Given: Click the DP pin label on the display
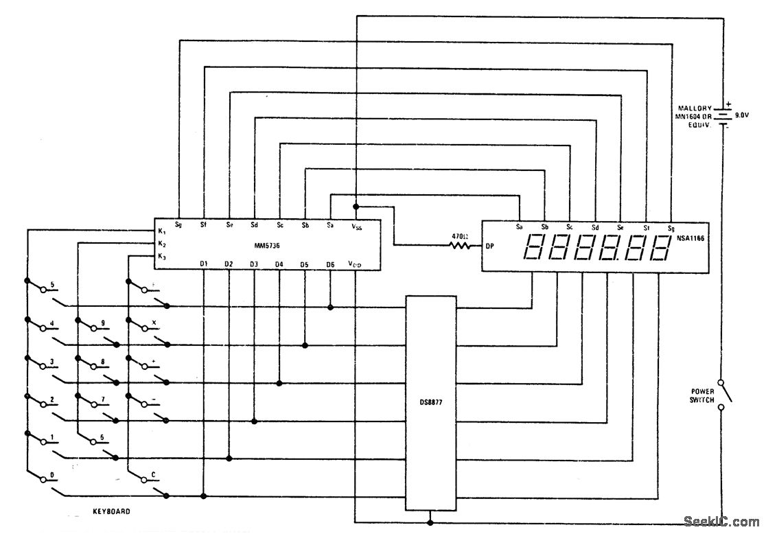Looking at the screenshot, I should point(490,245).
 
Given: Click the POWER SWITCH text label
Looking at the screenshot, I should point(702,395).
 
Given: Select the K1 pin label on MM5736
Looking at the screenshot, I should point(162,231).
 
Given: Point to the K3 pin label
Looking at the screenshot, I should point(162,257).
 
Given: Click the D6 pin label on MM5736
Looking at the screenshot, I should point(330,264).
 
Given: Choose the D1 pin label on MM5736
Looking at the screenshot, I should point(204,264).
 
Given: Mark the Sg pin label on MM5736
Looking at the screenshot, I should point(178,224).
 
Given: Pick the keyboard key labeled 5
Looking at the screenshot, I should point(53,283).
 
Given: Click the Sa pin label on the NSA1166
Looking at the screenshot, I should point(520,227).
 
